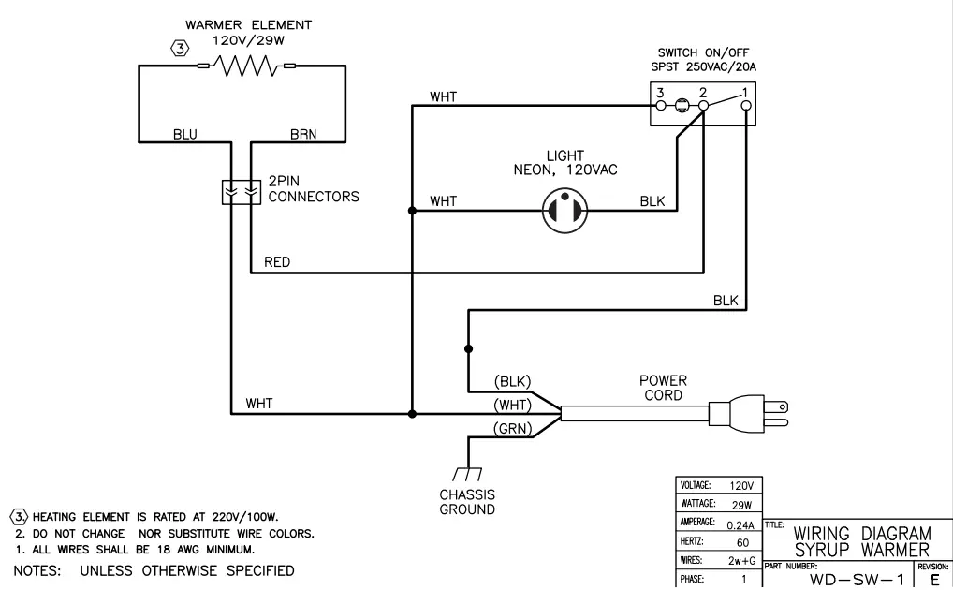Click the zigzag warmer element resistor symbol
(245, 66)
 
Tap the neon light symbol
(565, 212)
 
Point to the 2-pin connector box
(239, 191)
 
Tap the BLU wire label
(185, 134)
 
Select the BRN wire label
(302, 134)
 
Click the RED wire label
(277, 262)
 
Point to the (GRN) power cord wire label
(512, 429)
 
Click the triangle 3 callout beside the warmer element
(180, 48)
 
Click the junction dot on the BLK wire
(467, 347)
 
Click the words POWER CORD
(663, 388)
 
